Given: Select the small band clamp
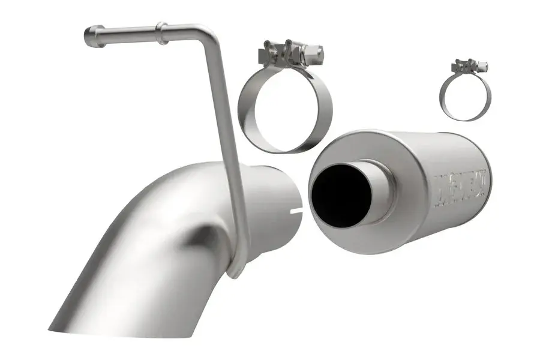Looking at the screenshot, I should (x=465, y=91).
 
